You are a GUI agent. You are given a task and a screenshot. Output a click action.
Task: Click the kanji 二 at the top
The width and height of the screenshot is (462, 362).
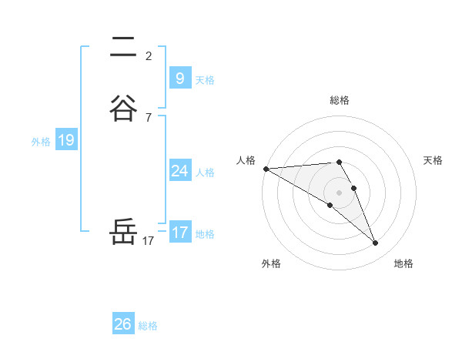click(x=123, y=48)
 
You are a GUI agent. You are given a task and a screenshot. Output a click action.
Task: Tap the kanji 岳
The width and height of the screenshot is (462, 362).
click(x=123, y=233)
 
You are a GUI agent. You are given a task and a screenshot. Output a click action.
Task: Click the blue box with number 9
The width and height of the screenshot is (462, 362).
click(x=179, y=78)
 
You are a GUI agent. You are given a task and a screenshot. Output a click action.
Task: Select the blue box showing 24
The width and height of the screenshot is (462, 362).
click(x=179, y=171)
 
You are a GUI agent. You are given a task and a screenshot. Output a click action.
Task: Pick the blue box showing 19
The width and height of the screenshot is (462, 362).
click(x=65, y=140)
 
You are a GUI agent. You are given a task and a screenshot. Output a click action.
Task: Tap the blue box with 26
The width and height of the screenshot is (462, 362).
click(x=123, y=324)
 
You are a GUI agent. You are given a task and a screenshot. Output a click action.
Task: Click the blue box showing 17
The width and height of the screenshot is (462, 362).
click(x=179, y=233)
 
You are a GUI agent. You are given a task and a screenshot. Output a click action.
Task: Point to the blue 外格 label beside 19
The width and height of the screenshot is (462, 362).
click(x=41, y=142)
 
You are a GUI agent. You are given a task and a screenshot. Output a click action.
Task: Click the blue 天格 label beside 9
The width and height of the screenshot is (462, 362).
click(x=205, y=80)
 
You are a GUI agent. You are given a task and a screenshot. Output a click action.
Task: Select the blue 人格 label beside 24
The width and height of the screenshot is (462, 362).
click(x=205, y=173)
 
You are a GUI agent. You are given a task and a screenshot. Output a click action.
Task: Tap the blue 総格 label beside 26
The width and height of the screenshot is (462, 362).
click(x=148, y=326)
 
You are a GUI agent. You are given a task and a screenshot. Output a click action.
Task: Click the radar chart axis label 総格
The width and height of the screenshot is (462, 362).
click(x=340, y=100)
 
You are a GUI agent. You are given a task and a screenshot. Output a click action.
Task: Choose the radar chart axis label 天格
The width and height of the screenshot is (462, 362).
click(x=434, y=160)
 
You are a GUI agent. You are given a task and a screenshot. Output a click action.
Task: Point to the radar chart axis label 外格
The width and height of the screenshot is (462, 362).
click(x=271, y=263)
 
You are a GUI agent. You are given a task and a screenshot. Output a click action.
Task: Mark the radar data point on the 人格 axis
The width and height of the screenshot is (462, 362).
click(x=266, y=169)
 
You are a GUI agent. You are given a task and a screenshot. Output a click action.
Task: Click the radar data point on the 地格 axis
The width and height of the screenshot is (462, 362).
click(x=376, y=243)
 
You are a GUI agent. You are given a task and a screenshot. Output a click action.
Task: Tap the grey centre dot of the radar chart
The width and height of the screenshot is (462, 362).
click(x=340, y=192)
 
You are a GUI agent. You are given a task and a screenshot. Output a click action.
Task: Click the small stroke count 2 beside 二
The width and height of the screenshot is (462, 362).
click(x=149, y=55)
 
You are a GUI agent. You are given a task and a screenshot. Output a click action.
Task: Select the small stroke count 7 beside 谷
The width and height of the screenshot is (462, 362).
click(x=149, y=117)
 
